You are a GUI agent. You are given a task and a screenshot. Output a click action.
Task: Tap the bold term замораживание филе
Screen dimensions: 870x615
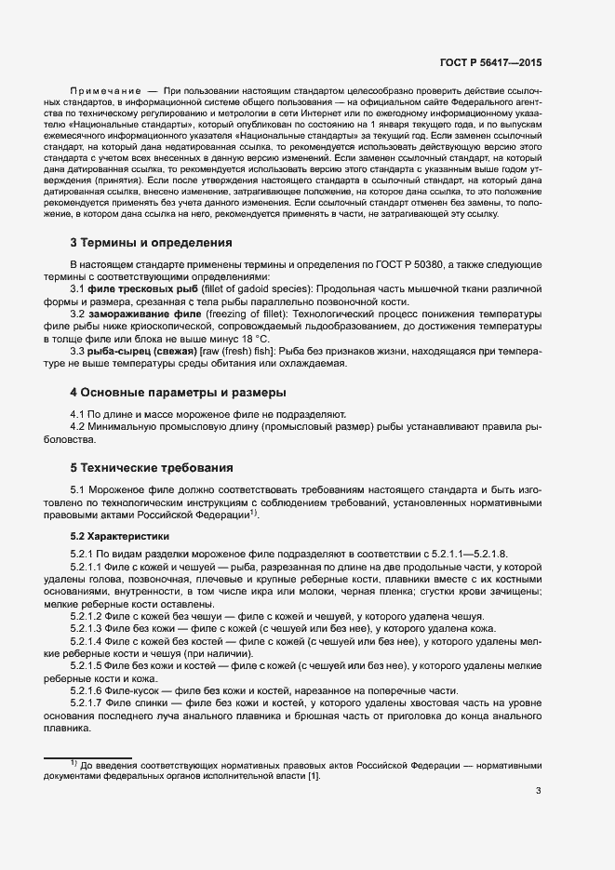[x=139, y=315]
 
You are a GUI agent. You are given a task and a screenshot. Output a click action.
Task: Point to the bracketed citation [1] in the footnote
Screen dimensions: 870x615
[x=313, y=775]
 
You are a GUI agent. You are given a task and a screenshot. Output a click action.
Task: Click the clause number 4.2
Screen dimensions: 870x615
[x=78, y=425]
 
